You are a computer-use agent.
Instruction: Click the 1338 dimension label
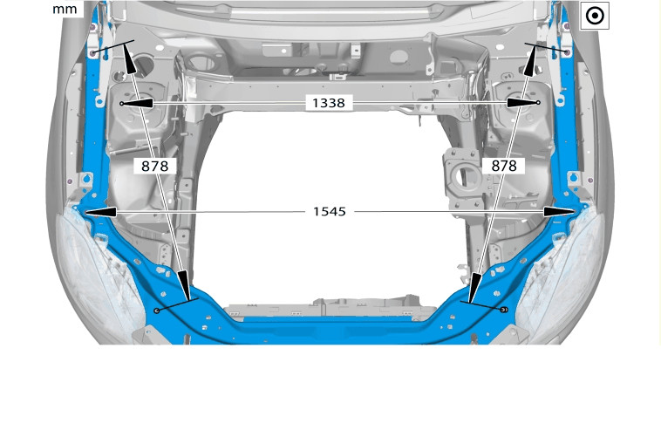click(329, 103)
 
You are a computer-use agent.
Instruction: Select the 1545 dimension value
click(330, 211)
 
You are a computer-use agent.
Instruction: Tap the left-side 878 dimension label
click(154, 166)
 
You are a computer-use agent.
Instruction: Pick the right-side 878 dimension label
click(504, 166)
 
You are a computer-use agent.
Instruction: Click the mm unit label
click(65, 9)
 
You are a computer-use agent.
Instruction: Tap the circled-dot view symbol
click(595, 16)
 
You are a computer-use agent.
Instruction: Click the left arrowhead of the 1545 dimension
click(100, 212)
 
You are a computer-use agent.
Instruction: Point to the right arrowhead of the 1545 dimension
click(559, 212)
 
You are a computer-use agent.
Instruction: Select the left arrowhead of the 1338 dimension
click(138, 103)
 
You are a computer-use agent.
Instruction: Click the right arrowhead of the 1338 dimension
click(522, 102)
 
